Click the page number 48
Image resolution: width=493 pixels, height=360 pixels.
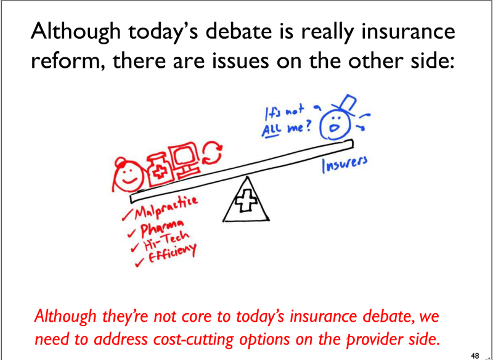(475, 356)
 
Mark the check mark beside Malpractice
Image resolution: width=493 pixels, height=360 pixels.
(128, 216)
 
